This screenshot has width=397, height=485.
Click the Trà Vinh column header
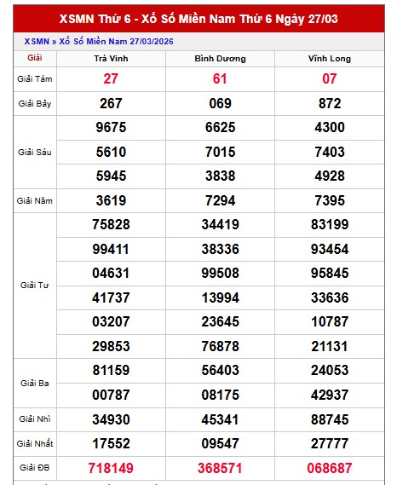[x=111, y=59]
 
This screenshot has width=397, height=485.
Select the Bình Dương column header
[x=221, y=59]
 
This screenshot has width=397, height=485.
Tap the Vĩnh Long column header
[x=329, y=59]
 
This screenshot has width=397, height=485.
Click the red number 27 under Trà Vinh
[x=111, y=78]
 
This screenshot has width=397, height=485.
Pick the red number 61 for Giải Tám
[x=221, y=78]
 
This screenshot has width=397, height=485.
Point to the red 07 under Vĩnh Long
[x=329, y=78]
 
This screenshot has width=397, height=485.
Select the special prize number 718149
[x=111, y=468]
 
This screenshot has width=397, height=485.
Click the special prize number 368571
[x=221, y=468]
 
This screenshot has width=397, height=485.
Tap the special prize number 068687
[x=329, y=468]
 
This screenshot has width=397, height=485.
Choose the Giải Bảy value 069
[x=221, y=103]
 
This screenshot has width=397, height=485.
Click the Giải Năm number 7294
[x=221, y=201]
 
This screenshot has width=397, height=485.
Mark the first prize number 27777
[x=329, y=443]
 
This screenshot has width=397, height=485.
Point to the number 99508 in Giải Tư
[x=221, y=274]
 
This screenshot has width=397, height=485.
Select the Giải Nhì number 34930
[x=111, y=419]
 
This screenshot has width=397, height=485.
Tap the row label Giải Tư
[x=35, y=285]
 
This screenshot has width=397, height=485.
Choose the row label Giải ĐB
[x=35, y=468]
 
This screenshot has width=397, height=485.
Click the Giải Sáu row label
[x=35, y=152]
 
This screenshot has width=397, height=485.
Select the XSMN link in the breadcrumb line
[x=36, y=40]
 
